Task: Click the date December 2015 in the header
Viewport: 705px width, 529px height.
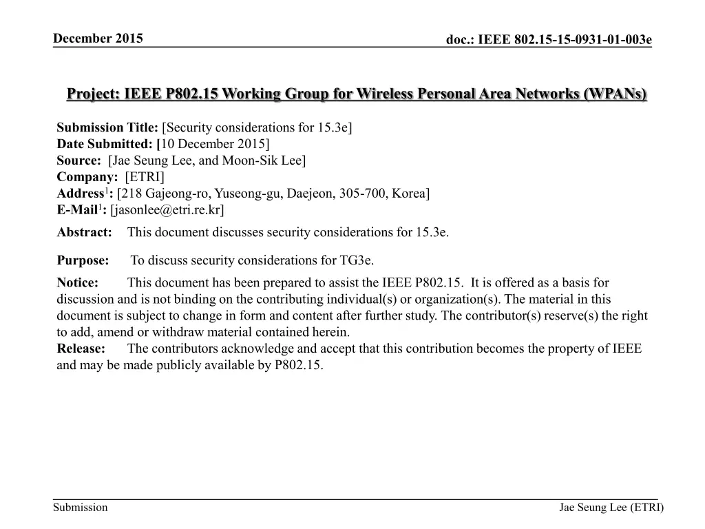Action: tap(98, 38)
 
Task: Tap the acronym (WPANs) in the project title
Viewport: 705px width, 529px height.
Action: tap(615, 94)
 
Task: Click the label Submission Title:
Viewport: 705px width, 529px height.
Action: tap(107, 128)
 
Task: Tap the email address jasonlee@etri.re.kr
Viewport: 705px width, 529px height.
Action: tap(167, 209)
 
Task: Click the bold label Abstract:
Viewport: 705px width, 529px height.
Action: tap(84, 232)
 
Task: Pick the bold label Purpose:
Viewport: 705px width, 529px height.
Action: tap(83, 260)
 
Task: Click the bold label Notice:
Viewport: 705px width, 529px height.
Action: tap(78, 282)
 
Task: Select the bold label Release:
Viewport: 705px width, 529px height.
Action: tap(81, 349)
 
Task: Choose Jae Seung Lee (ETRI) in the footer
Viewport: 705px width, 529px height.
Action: tap(611, 508)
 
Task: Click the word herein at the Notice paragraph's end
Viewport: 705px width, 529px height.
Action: tap(322, 332)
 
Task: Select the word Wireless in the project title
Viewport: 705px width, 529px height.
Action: tap(386, 94)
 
